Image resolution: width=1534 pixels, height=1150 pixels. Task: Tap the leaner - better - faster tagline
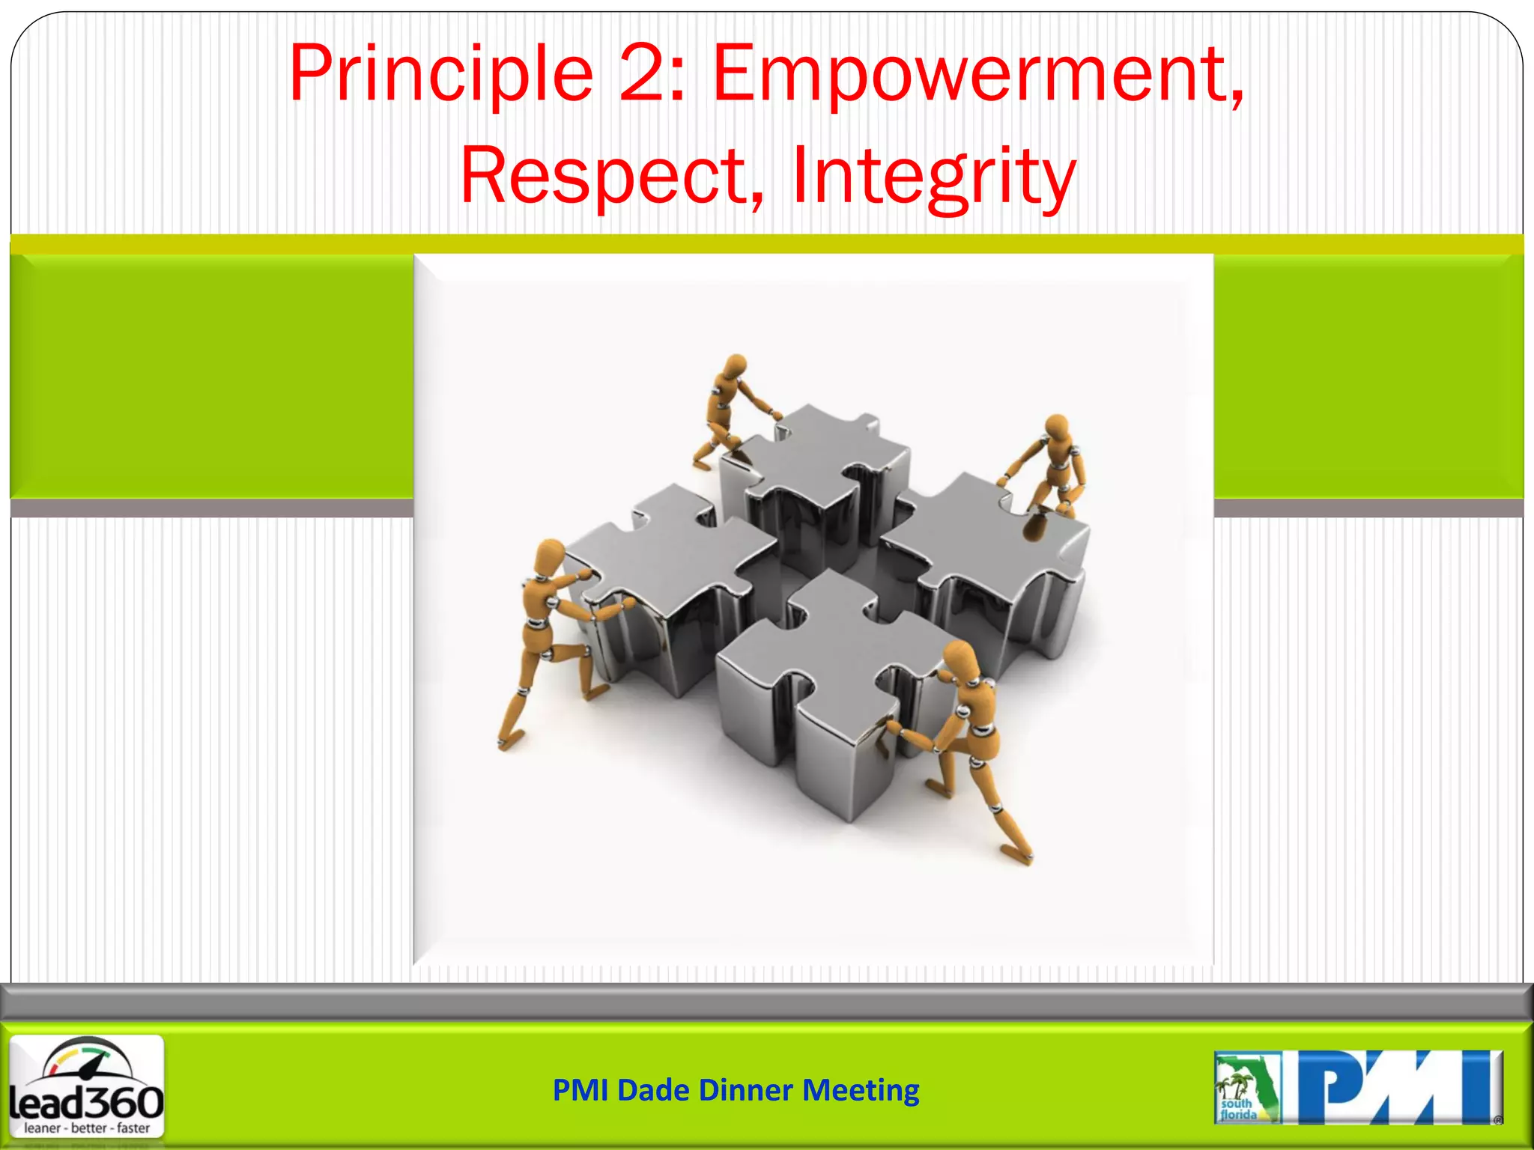coord(87,1128)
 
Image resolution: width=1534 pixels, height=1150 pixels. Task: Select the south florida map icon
coord(1246,1087)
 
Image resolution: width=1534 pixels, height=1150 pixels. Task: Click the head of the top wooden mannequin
coord(736,366)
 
